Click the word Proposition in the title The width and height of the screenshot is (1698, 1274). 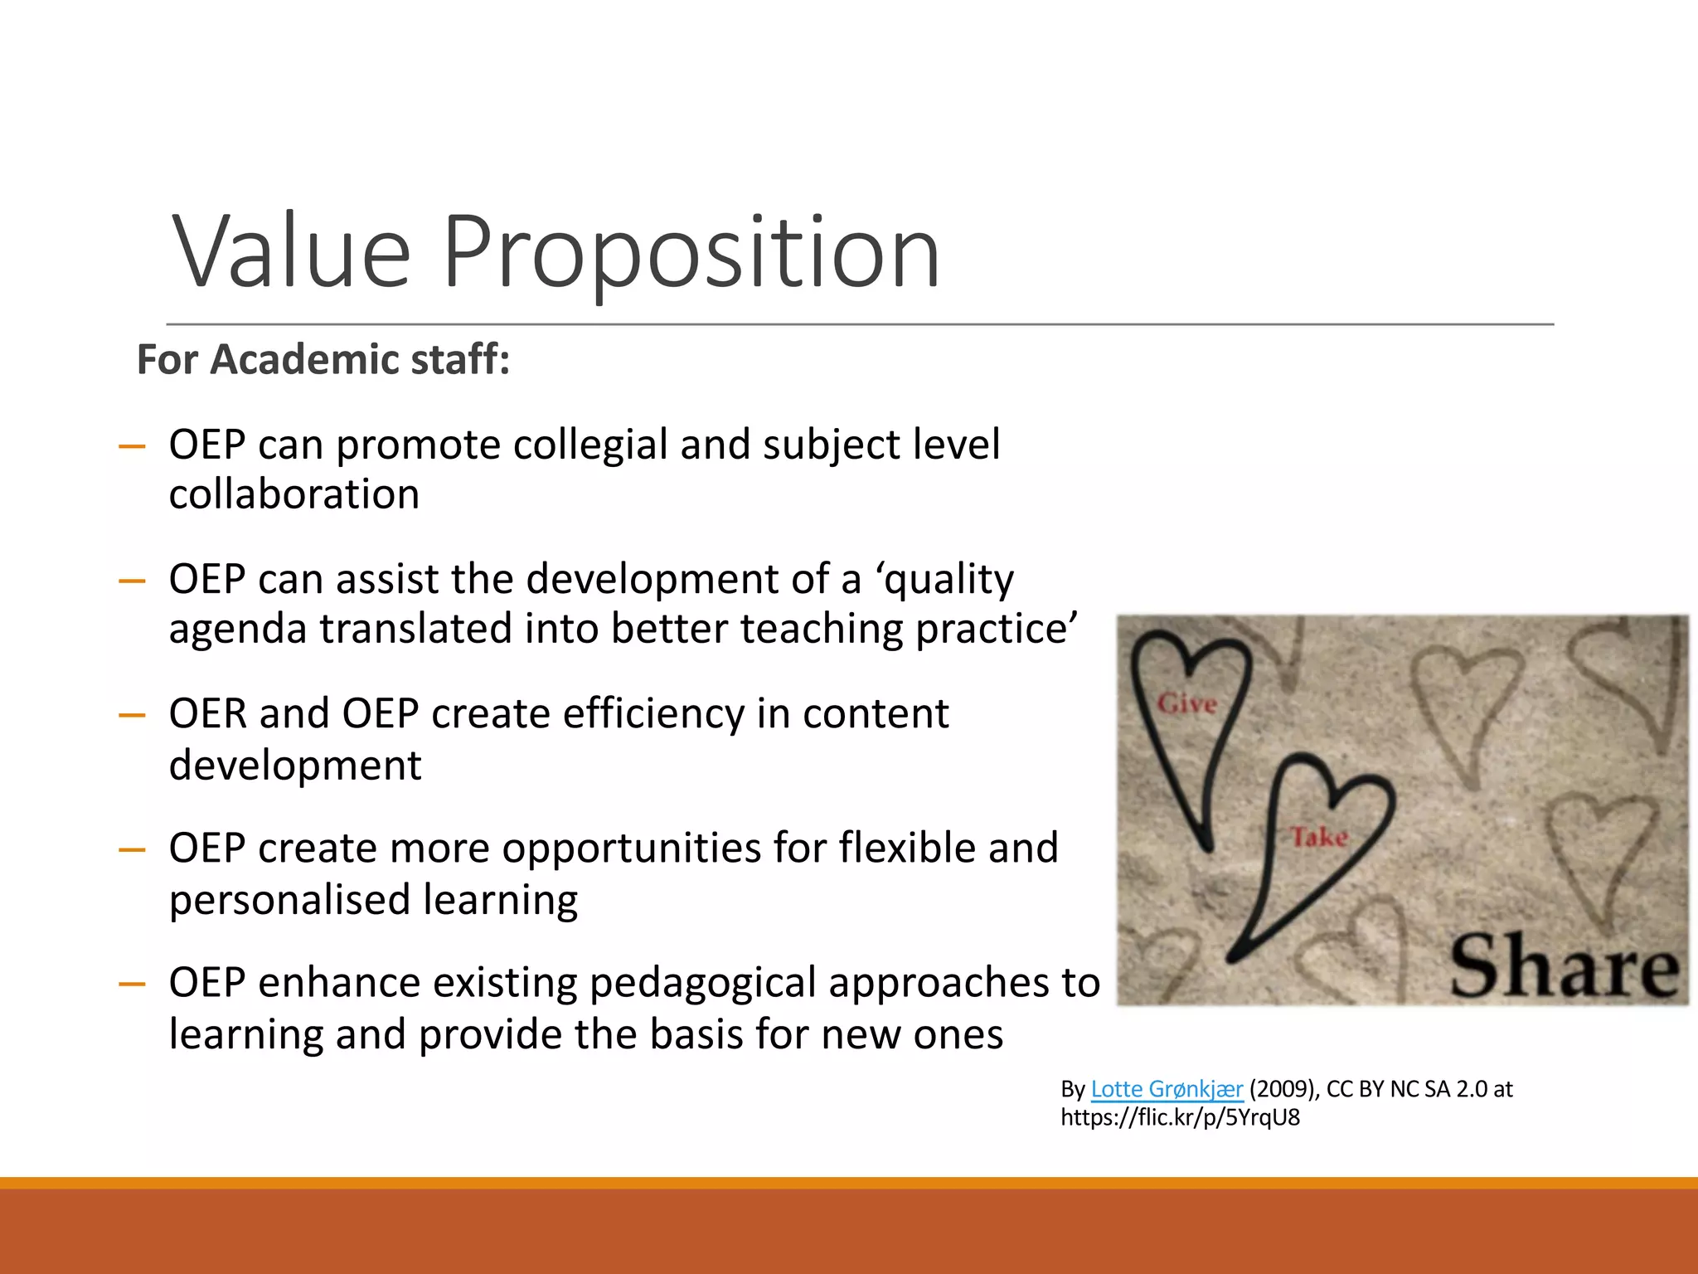[691, 253]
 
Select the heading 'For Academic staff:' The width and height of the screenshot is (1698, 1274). [323, 360]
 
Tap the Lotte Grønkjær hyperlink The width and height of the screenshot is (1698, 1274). [1167, 1089]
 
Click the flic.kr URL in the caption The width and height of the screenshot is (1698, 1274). [1180, 1118]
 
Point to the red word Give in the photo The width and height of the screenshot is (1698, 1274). [1187, 704]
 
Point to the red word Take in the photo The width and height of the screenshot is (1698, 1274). [1319, 837]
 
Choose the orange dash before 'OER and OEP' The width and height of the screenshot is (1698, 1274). [132, 715]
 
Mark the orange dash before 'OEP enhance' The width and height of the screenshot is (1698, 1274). [132, 985]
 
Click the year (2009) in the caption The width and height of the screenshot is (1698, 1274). [1283, 1089]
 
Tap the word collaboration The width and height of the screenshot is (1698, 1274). [294, 495]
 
